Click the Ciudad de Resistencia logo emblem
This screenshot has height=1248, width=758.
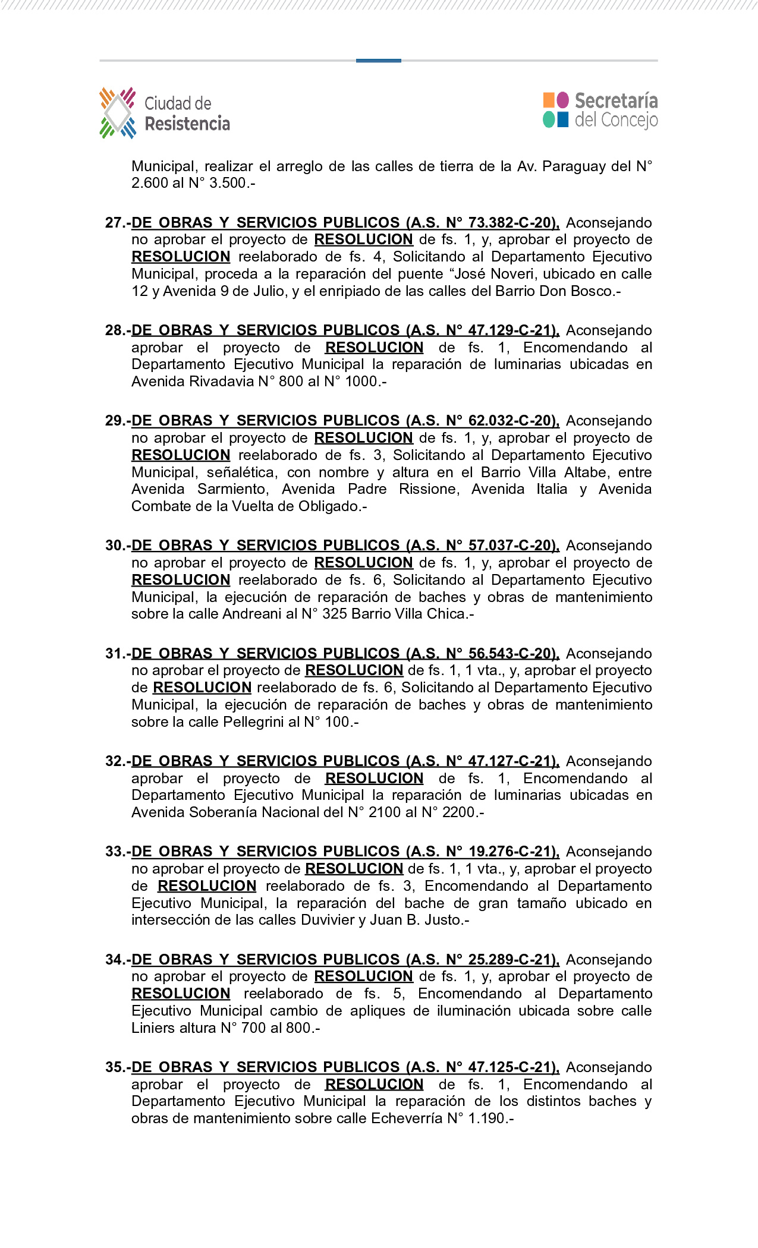pos(118,113)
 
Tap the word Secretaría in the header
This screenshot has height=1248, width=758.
pos(616,100)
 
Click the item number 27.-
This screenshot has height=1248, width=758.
pos(118,223)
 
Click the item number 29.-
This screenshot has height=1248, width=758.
pos(118,421)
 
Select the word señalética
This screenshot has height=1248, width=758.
pos(240,472)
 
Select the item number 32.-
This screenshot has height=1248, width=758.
pos(118,761)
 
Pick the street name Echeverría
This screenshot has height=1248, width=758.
pos(407,1118)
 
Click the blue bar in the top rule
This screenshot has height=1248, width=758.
pos(378,61)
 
